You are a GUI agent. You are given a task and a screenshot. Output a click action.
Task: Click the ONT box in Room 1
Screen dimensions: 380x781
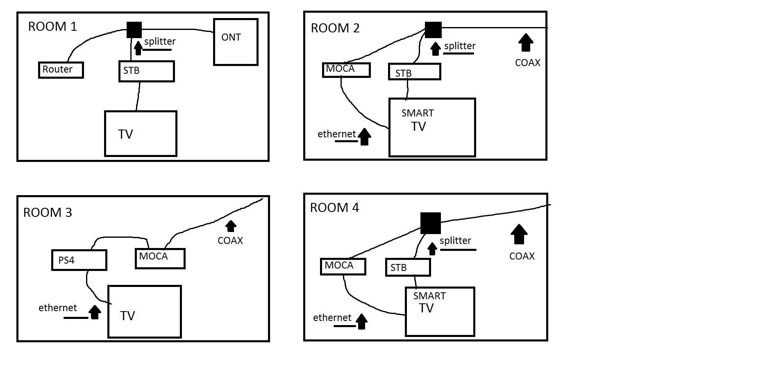tap(236, 42)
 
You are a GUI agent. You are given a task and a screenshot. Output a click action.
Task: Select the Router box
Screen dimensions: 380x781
tap(61, 70)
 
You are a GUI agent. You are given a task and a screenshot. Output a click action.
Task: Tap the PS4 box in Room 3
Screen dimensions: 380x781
tap(79, 260)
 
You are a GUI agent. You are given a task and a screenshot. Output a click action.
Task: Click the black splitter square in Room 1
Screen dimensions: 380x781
tap(134, 30)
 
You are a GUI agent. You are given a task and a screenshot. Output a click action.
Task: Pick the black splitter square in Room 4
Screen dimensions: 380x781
tap(430, 223)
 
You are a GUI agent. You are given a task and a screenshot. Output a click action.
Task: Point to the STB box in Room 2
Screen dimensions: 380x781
tap(414, 72)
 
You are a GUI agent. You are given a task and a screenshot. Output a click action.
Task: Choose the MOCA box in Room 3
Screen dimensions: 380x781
tap(160, 259)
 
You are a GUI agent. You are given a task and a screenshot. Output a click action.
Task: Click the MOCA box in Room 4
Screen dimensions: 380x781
tap(343, 266)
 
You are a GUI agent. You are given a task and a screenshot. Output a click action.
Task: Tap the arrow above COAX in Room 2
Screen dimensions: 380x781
tap(526, 42)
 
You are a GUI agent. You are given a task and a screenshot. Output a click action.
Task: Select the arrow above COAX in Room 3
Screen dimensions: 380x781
tap(231, 226)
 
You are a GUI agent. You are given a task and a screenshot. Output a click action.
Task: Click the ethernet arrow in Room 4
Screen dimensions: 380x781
tap(361, 321)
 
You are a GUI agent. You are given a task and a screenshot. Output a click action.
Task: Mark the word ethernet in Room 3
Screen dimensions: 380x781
tap(58, 308)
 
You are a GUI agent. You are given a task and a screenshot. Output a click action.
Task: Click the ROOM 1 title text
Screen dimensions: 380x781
tap(52, 27)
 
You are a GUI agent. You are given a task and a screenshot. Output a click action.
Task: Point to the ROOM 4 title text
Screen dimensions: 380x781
tap(334, 208)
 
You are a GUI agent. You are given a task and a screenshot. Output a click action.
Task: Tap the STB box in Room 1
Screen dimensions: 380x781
tap(146, 71)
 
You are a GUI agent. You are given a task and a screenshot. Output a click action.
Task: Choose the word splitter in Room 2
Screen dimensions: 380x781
tap(460, 46)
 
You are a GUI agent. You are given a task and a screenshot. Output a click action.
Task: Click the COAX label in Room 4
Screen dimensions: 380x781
tap(522, 256)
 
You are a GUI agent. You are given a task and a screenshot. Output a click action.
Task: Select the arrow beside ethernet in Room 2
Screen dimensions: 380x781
tap(364, 137)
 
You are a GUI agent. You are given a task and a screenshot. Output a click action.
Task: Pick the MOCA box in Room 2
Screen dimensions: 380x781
tap(346, 70)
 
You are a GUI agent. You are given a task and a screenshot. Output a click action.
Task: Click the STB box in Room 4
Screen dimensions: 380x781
tap(408, 268)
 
